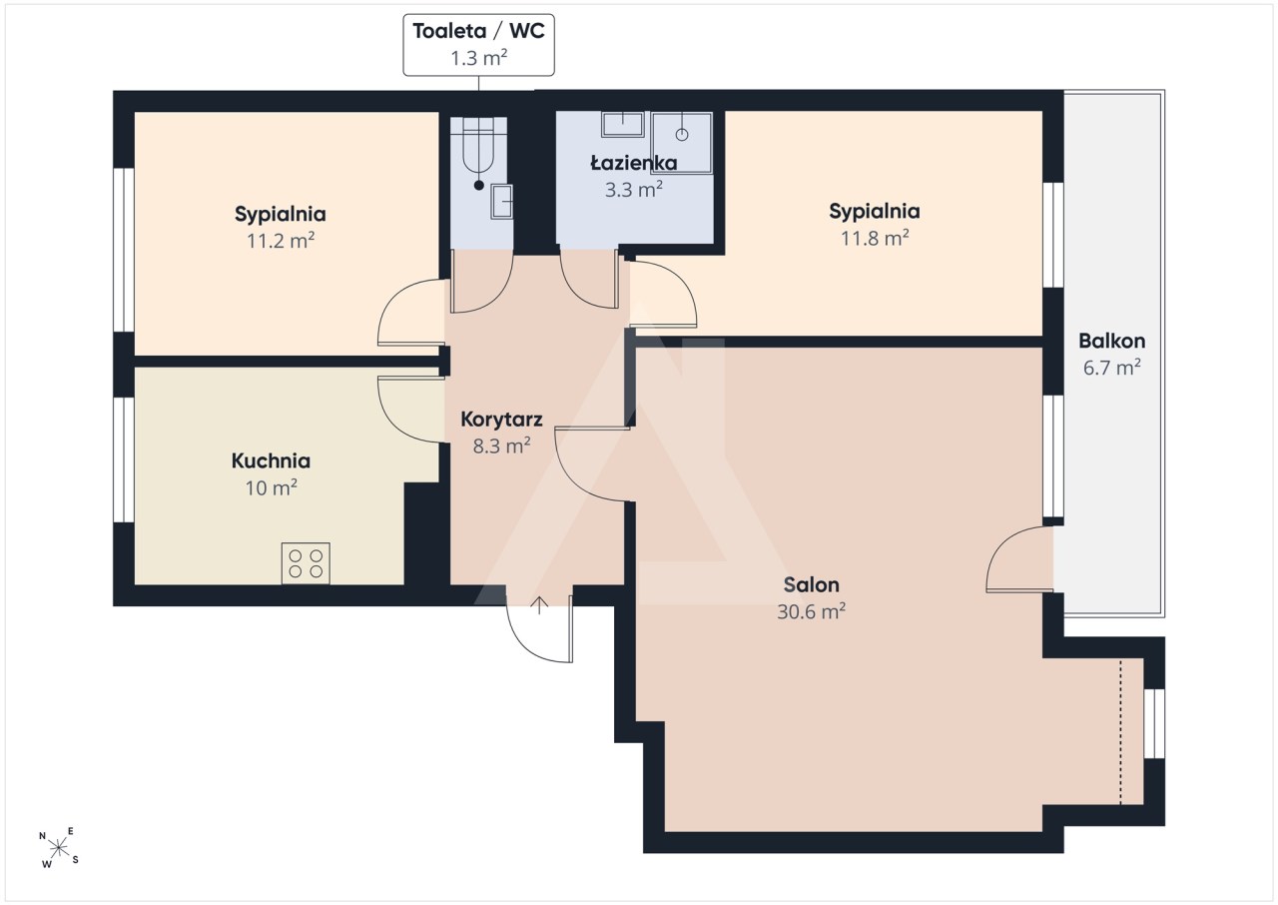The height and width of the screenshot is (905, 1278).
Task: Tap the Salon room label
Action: pyautogui.click(x=811, y=585)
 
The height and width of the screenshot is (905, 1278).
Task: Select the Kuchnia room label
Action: pyautogui.click(x=271, y=461)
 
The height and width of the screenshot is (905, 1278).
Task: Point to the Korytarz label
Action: pyautogui.click(x=501, y=420)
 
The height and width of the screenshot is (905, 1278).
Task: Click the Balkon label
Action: pyautogui.click(x=1112, y=342)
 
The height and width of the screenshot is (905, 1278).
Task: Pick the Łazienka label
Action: pyautogui.click(x=634, y=163)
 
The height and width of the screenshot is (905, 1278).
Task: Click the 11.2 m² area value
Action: pyautogui.click(x=281, y=240)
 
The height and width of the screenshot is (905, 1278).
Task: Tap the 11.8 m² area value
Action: pyautogui.click(x=875, y=238)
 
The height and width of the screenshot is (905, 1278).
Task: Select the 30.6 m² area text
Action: pyautogui.click(x=811, y=611)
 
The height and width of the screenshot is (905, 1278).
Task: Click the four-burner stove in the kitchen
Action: pyautogui.click(x=306, y=563)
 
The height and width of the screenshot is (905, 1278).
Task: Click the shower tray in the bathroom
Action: pyautogui.click(x=682, y=143)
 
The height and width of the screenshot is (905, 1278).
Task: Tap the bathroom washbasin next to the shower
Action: pyautogui.click(x=622, y=125)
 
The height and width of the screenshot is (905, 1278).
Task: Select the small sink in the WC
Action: pyautogui.click(x=502, y=202)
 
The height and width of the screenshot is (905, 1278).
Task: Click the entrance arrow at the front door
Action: pyautogui.click(x=539, y=605)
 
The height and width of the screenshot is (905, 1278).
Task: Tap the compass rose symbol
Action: pyautogui.click(x=59, y=848)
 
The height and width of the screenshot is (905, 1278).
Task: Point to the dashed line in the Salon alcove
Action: pyautogui.click(x=1120, y=732)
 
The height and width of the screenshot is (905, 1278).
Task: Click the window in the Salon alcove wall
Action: pyautogui.click(x=1154, y=723)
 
